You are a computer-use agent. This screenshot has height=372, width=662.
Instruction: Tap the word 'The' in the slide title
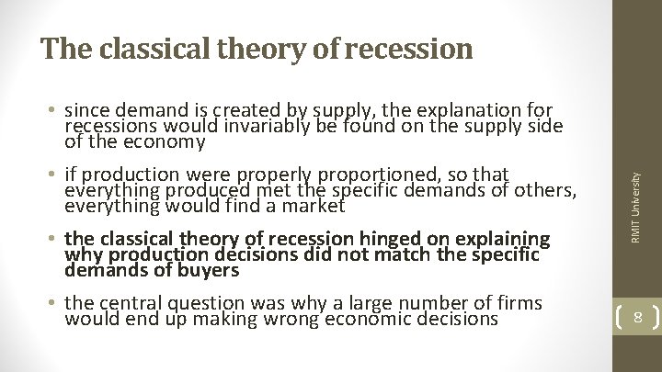(x=62, y=48)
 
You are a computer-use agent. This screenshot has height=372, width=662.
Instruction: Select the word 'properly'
(x=281, y=175)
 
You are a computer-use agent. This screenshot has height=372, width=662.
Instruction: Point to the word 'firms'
(x=518, y=303)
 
